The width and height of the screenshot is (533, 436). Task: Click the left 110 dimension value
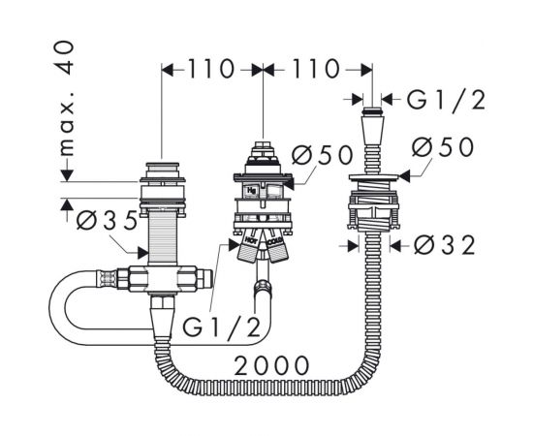[x=210, y=70]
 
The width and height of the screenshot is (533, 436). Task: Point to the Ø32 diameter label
[x=444, y=245]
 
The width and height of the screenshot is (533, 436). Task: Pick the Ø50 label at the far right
[x=442, y=147]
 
